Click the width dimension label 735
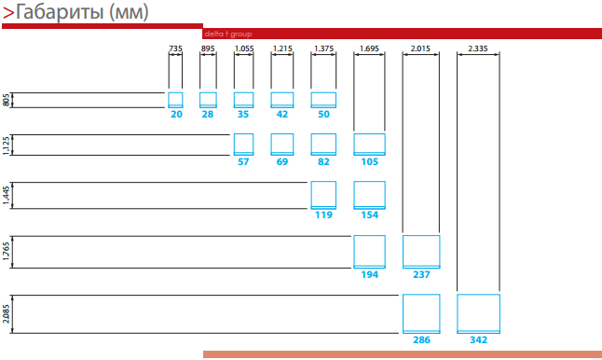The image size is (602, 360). pyautogui.click(x=175, y=48)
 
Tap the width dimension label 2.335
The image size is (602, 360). pyautogui.click(x=478, y=48)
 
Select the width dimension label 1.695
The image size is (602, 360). pyautogui.click(x=369, y=48)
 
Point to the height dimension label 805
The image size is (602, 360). pyautogui.click(x=6, y=100)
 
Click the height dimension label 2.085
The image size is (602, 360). pyautogui.click(x=6, y=314)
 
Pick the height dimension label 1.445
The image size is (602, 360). pyautogui.click(x=6, y=196)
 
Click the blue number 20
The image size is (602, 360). pyautogui.click(x=176, y=114)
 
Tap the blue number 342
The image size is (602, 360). pyautogui.click(x=478, y=339)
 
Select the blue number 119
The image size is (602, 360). pyautogui.click(x=323, y=215)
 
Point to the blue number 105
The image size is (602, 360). pyautogui.click(x=369, y=161)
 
